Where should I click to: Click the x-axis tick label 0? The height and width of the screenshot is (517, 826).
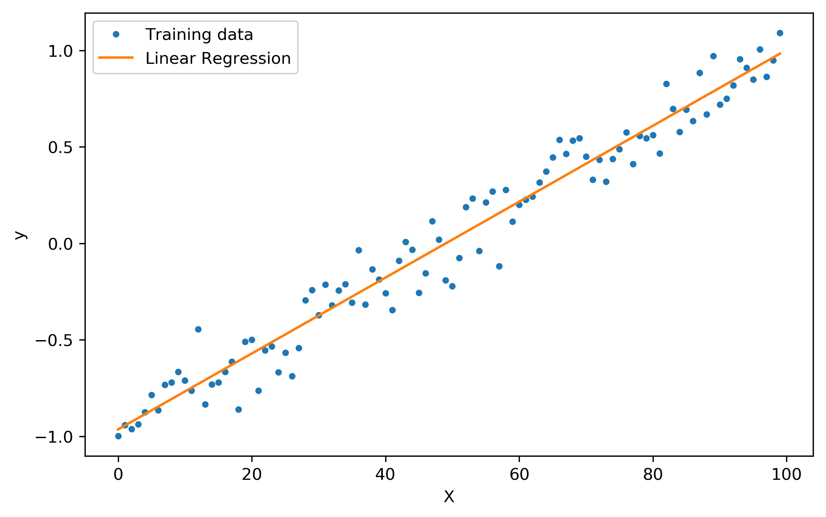point(118,475)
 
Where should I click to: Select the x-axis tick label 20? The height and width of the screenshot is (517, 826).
point(252,475)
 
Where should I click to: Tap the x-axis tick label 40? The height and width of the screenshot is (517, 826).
point(385,475)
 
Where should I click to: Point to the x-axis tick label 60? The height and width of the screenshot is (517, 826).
point(519,475)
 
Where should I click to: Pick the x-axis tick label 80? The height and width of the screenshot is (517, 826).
point(653,475)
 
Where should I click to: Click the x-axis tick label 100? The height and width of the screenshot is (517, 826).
point(786,475)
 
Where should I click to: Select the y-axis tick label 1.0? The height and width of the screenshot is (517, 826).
point(61,51)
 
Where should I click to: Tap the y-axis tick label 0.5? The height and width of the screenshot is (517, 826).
point(61,148)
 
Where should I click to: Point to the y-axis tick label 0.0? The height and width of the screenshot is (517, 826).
point(61,244)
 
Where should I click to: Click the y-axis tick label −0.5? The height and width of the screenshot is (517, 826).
point(54,340)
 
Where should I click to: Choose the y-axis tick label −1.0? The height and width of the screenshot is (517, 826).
point(54,437)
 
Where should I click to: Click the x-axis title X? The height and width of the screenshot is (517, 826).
point(449,497)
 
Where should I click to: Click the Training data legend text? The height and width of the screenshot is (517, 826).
point(199,35)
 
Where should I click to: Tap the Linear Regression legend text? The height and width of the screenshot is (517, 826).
point(218,59)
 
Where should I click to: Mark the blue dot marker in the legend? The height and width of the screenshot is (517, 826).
point(116,34)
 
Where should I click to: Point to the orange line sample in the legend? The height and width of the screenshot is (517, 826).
point(116,58)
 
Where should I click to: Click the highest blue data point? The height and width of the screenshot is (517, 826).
point(780,33)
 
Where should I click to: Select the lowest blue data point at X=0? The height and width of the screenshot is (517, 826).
point(118,436)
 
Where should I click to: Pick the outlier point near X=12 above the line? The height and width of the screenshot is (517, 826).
point(198,329)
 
